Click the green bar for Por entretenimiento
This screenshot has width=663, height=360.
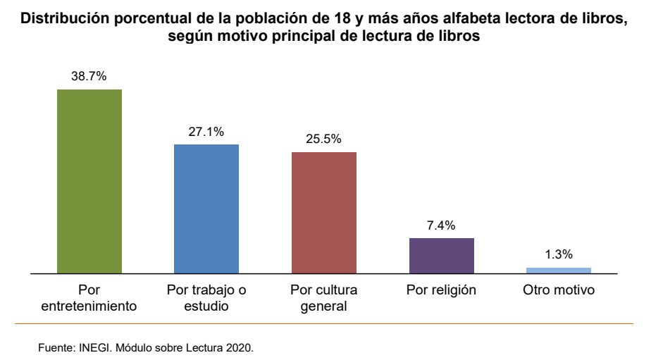click(x=89, y=180)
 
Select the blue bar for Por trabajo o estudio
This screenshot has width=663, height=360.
click(x=206, y=208)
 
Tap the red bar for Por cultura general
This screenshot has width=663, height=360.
click(x=323, y=212)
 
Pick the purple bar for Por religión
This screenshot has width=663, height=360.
click(x=441, y=255)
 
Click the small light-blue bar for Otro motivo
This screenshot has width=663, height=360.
click(x=559, y=270)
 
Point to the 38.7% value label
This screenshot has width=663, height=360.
click(x=89, y=77)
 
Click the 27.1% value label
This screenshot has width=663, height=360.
click(x=206, y=132)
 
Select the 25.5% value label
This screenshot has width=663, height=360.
click(x=323, y=139)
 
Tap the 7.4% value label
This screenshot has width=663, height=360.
click(x=441, y=225)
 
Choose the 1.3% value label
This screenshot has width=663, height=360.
click(x=559, y=254)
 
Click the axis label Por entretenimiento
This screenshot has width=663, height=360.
click(x=89, y=298)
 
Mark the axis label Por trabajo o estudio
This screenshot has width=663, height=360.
click(x=206, y=298)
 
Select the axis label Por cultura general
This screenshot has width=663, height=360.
click(x=323, y=298)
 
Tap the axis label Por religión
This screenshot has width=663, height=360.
click(x=441, y=290)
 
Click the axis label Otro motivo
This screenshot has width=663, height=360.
click(x=559, y=290)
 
